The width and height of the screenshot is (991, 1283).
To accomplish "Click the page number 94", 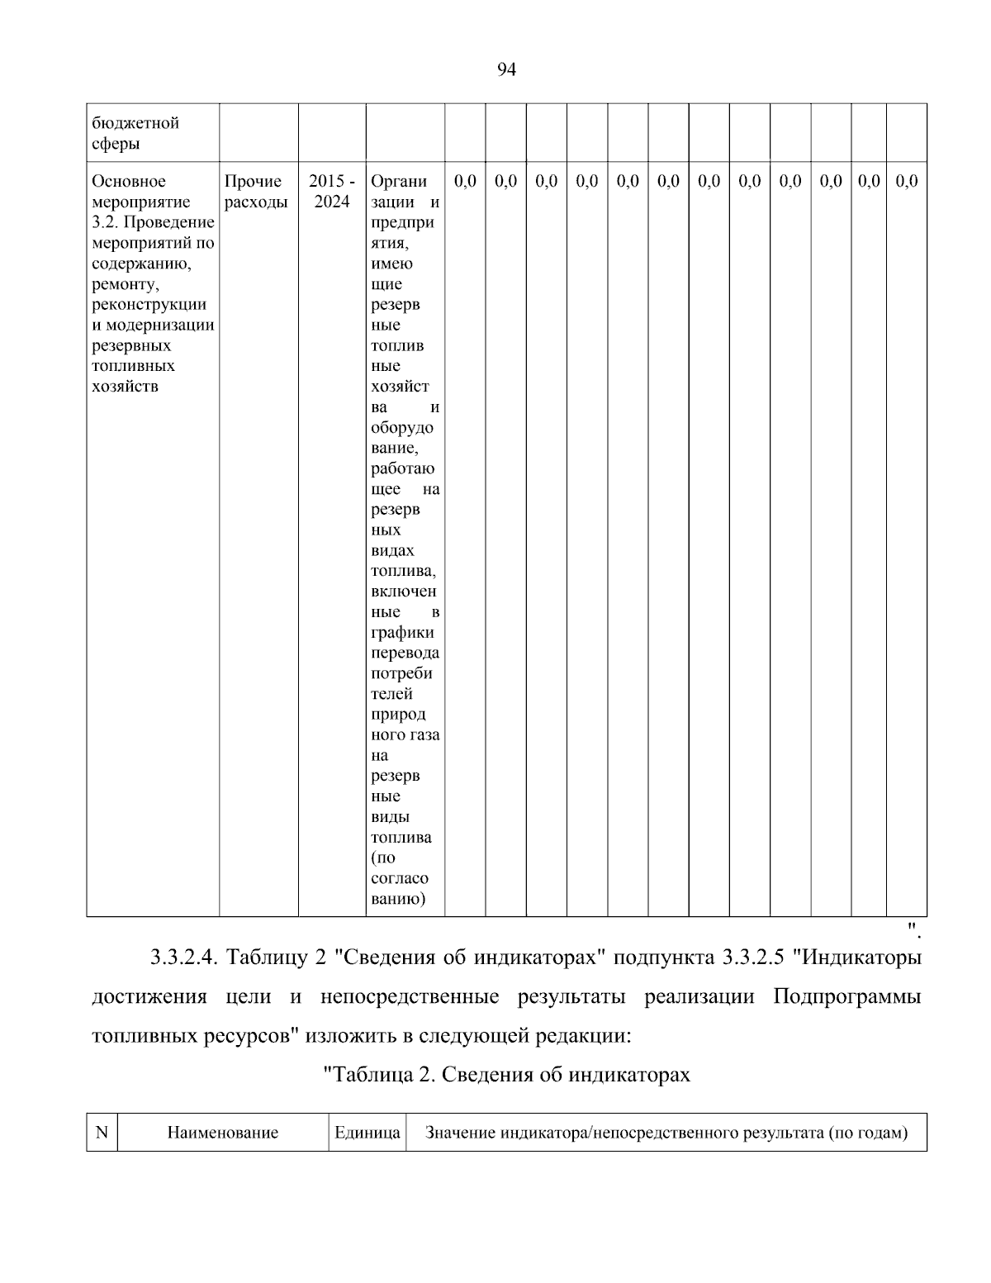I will coord(506,70).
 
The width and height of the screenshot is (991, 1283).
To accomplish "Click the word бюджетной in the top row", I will coord(135,123).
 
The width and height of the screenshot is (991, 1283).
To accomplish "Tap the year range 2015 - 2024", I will coord(331,192).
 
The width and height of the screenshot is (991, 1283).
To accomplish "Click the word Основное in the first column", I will coord(129,182).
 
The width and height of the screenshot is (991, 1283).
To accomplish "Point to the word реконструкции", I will coord(149,305).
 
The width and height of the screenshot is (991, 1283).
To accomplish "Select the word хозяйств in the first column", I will coord(125,387).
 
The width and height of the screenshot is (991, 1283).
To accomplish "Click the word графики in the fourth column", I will coord(402,633).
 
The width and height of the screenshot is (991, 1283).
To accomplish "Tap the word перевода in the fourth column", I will coord(405,653).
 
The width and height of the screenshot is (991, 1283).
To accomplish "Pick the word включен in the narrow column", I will coord(404,592).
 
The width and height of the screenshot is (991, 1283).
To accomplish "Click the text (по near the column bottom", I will coord(383,858).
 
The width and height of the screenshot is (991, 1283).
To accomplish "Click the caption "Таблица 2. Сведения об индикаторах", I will coord(505,1075).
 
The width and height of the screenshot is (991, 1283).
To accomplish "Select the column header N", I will coord(102,1133).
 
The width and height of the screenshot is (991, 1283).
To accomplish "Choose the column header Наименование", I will coord(222,1133).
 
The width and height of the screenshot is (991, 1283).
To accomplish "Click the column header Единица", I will coord(367,1133).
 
